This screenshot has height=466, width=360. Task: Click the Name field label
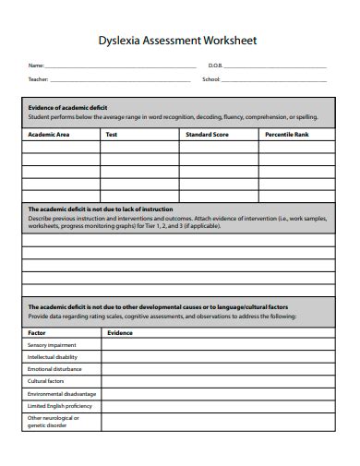point(35,66)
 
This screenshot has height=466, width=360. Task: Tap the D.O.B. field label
point(214,66)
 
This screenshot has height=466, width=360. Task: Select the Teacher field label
point(37,80)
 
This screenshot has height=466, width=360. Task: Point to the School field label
point(211,80)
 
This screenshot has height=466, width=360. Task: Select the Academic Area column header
point(49,134)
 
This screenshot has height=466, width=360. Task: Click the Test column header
point(111,134)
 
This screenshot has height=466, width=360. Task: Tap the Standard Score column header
point(207,134)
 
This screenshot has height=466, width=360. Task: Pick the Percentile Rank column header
point(286,134)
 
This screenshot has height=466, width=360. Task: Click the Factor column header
point(37,331)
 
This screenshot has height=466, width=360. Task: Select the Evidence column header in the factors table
point(120,331)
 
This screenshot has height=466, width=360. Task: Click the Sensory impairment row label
point(52,344)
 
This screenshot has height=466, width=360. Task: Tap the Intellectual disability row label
point(54,356)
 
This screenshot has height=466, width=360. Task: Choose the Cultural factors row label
point(45,380)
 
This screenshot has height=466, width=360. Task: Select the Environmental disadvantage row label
point(61,393)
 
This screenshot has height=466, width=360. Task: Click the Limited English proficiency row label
point(59,405)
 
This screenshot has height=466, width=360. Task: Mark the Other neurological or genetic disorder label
point(53,422)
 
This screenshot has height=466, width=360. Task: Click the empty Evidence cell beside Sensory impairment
point(218,344)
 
